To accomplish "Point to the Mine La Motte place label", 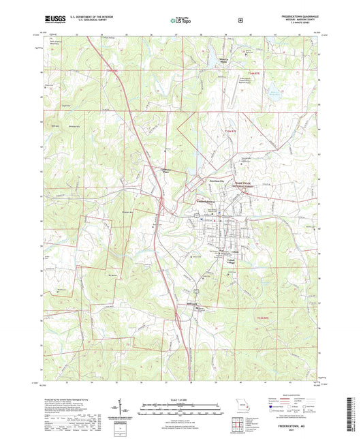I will (222, 60).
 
